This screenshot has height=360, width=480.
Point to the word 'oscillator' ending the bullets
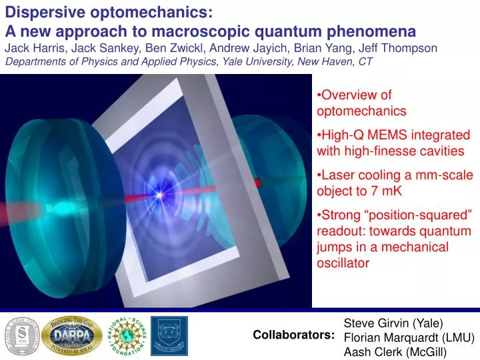[x=343, y=263]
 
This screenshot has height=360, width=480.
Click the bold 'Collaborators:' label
[x=293, y=335]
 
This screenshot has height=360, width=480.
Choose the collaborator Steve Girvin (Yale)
[x=393, y=323]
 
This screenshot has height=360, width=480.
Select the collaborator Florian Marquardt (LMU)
[x=408, y=337]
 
